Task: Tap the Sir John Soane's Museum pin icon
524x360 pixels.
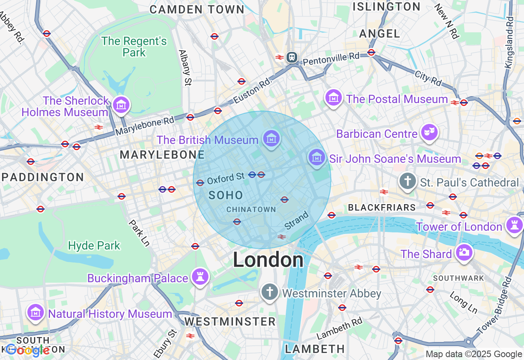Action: (316, 157)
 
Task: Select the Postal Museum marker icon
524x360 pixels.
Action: (334, 98)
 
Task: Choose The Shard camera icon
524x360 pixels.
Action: (464, 252)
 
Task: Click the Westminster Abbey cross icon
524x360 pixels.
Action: (269, 292)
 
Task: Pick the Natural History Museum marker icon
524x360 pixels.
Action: (36, 313)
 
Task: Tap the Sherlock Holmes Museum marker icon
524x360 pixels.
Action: (121, 105)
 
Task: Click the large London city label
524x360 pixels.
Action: (268, 260)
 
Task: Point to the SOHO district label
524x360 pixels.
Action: (226, 195)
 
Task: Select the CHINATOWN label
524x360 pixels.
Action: (251, 209)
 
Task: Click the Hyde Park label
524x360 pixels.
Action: (94, 245)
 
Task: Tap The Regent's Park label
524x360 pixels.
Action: (134, 47)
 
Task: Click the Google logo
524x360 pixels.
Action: (27, 350)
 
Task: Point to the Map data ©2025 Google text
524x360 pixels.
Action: (474, 354)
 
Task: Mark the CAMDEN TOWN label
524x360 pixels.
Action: (197, 9)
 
